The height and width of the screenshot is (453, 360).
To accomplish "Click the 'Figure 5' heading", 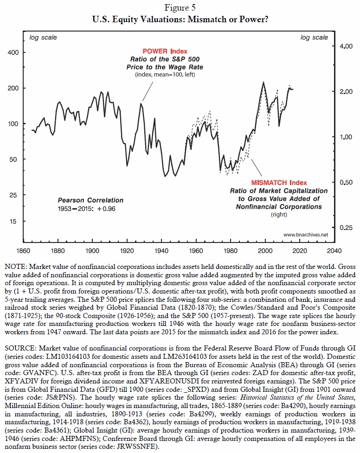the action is click(180, 7).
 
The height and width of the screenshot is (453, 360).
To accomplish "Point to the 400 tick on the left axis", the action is click(13, 52).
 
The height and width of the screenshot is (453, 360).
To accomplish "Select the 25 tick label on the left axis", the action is click(13, 195).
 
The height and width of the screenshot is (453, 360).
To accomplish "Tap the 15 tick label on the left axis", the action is click(13, 222).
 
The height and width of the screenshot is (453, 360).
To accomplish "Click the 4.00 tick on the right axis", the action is click(346, 46).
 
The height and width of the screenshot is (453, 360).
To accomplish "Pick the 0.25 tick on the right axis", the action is click(346, 228).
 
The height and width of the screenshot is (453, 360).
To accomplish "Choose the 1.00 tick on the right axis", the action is click(346, 137).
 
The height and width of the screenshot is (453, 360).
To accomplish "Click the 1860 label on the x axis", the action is click(23, 251).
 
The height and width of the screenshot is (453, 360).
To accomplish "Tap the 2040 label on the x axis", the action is click(334, 251).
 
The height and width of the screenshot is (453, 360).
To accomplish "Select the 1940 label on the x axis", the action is click(161, 251).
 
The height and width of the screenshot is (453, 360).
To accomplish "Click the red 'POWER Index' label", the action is click(165, 51).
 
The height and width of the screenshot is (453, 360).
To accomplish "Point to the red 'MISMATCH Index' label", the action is click(279, 183).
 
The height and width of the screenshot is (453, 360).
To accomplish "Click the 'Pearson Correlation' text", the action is click(90, 200).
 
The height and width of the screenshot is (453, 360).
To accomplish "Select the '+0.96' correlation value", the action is click(106, 209).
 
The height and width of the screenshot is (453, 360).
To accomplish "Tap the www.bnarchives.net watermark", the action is click(306, 235).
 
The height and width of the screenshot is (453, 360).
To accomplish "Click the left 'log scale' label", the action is click(43, 38).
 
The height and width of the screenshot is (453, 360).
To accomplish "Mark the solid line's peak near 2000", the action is click(264, 82).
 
